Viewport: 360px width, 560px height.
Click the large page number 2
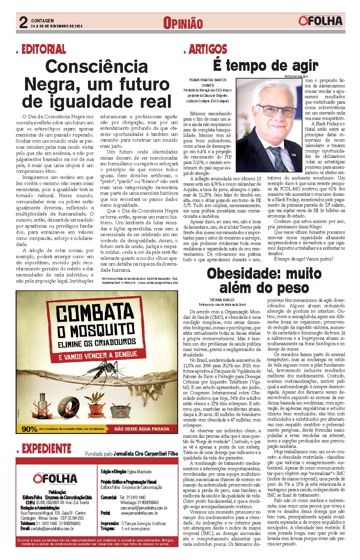(x=23, y=23)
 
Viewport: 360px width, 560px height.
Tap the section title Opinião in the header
(x=183, y=23)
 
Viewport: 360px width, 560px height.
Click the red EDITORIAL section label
(x=44, y=49)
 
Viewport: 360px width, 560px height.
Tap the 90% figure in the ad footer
(x=29, y=429)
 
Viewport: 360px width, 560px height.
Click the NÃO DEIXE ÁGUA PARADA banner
(x=142, y=429)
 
